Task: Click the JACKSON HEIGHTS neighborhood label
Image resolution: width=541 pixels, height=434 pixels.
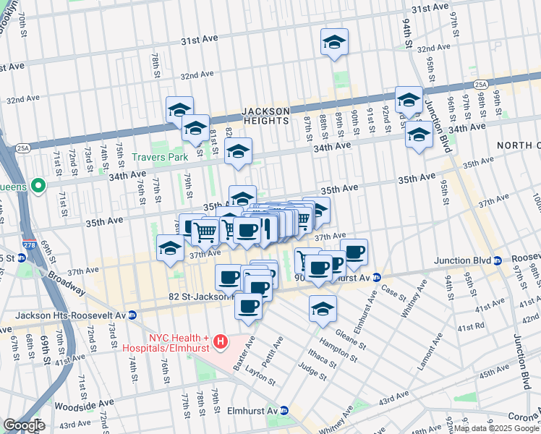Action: pyautogui.click(x=265, y=116)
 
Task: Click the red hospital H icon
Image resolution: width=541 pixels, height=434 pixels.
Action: pyautogui.click(x=222, y=340)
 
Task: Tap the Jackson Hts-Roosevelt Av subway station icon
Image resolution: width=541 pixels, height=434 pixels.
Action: pyautogui.click(x=132, y=315)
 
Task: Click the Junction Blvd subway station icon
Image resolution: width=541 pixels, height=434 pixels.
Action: pyautogui.click(x=498, y=260)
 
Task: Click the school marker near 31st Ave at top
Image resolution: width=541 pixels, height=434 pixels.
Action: pyautogui.click(x=334, y=42)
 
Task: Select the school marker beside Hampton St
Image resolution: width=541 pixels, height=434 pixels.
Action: pyautogui.click(x=323, y=308)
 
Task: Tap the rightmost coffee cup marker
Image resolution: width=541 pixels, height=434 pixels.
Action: pyautogui.click(x=354, y=252)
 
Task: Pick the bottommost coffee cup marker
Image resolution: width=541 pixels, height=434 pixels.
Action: pyautogui.click(x=248, y=305)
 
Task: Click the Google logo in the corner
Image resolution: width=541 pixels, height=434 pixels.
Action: pyautogui.click(x=25, y=425)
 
